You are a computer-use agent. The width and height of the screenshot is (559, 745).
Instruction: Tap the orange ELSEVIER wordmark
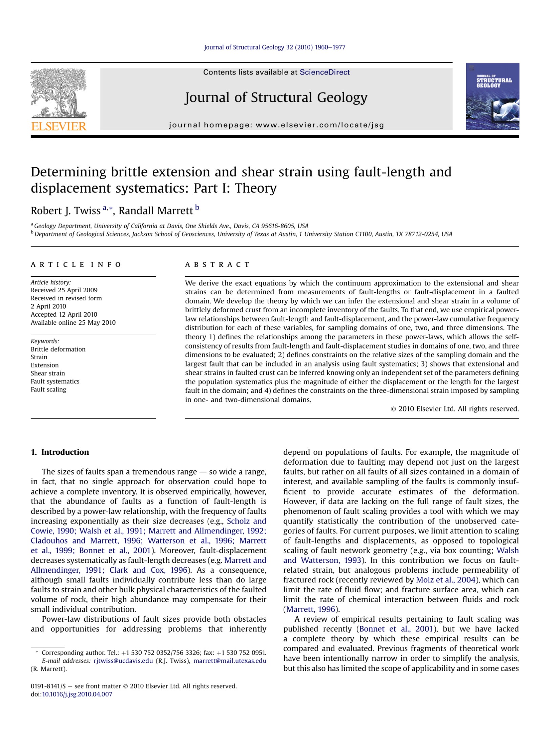coord(59,126)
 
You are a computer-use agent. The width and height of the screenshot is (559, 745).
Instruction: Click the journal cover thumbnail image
coord(492,96)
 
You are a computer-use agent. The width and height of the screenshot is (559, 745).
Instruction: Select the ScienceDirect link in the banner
coord(325,72)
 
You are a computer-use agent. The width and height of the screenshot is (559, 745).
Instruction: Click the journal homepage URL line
coord(276,125)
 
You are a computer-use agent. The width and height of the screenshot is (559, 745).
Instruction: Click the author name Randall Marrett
coord(156,211)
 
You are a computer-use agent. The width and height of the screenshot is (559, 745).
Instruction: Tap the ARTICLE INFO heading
coord(76,264)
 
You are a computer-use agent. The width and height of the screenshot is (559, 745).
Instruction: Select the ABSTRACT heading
coord(217,264)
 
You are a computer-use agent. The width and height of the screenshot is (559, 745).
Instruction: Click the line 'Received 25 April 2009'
coord(64,290)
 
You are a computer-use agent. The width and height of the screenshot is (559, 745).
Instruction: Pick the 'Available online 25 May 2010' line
coord(73,322)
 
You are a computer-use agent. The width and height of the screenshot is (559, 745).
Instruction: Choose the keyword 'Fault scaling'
coord(48,389)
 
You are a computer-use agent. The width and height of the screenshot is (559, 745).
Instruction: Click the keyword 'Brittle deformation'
coord(58,349)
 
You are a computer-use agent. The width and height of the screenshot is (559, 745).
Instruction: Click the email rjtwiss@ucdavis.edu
coord(123,661)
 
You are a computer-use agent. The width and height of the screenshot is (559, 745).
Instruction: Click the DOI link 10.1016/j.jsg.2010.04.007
coord(77,694)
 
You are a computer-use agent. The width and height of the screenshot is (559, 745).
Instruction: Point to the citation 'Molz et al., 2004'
coord(446,580)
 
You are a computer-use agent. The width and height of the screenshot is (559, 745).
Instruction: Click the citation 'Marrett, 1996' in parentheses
coord(311,609)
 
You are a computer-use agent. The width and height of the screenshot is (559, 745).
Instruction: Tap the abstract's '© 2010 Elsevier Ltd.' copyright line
coord(455,409)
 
